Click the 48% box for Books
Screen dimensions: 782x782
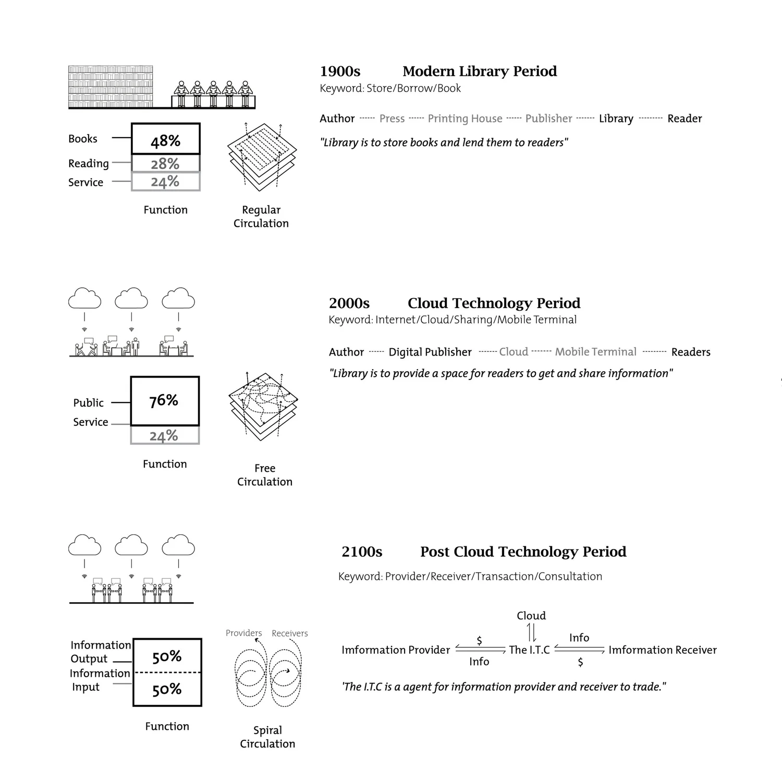coord(166,139)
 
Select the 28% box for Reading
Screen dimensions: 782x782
coord(166,163)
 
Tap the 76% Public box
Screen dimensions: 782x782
coord(165,400)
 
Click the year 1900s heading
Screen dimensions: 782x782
coord(340,71)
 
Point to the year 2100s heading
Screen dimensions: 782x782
coord(362,552)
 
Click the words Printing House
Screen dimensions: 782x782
coord(465,119)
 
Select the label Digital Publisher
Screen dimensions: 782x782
coord(430,352)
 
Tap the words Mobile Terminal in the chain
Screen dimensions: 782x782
coord(596,352)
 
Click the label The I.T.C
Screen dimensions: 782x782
coord(529,650)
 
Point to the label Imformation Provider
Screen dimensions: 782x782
coord(396,650)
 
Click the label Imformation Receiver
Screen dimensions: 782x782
coord(663,650)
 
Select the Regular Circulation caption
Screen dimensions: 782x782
coord(261,216)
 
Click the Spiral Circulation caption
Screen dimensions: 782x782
coord(267,737)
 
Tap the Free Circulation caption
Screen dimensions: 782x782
coord(265,475)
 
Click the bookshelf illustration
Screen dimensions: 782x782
coord(111,87)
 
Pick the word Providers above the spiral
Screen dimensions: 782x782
coord(244,633)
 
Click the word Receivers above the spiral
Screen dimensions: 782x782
coord(290,633)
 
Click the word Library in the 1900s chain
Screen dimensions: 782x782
coord(616,119)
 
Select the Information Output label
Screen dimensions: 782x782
coord(101,652)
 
